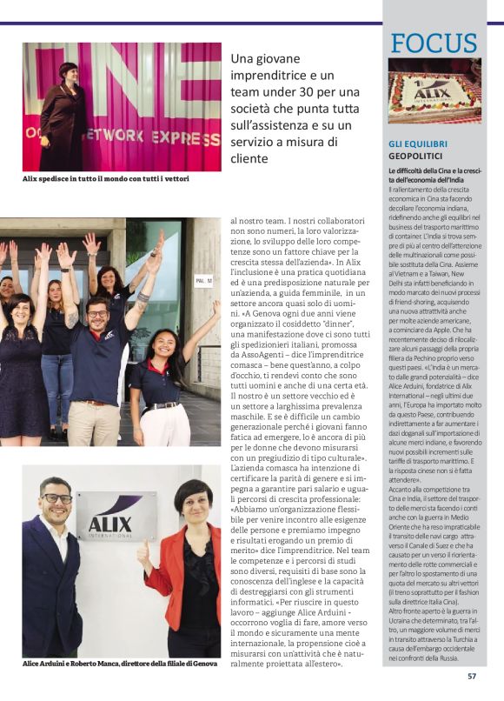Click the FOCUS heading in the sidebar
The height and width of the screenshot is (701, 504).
click(x=434, y=43)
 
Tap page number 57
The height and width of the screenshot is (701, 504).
click(x=472, y=675)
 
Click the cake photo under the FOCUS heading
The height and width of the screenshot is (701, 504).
click(x=434, y=90)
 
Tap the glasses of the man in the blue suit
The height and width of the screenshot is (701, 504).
click(x=57, y=498)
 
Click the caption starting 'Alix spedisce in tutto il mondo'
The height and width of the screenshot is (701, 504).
click(x=105, y=178)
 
